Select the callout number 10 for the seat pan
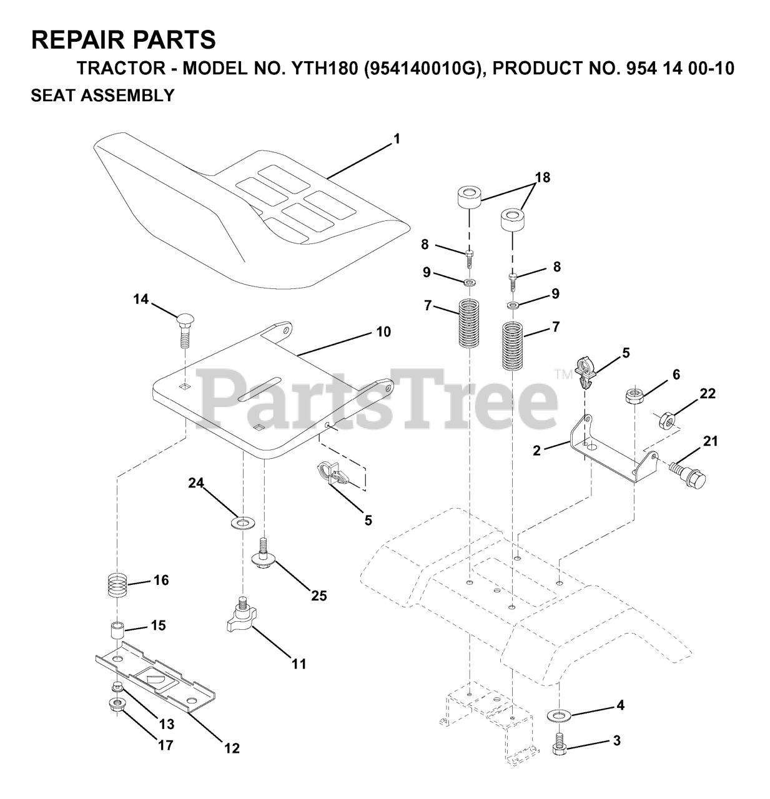tap(383, 332)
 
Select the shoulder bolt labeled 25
tap(264, 552)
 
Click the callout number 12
tap(232, 748)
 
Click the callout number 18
tap(542, 177)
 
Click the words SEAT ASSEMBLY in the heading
tap(102, 96)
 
